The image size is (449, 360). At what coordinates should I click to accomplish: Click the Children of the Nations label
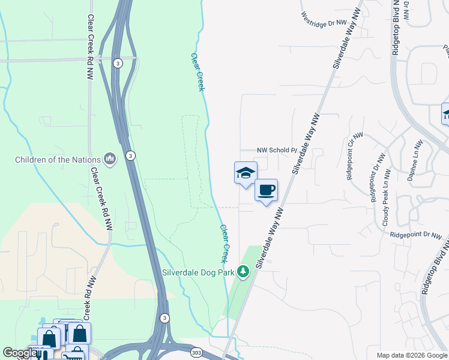point(57,160)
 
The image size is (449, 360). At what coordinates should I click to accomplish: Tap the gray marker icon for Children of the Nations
point(109,159)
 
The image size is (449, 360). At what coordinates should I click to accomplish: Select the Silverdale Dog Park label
point(198,271)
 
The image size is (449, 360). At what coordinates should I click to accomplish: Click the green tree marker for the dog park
point(243,272)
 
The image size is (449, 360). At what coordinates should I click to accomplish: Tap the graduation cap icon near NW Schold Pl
point(245,174)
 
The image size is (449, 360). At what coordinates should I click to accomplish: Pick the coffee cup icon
point(266,191)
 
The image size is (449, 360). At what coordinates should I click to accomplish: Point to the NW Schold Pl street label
point(277,151)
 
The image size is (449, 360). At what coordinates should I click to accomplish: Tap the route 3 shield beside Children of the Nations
point(130,155)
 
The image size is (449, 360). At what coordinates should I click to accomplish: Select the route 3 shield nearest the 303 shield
point(164,318)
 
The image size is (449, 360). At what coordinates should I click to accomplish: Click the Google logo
point(19,353)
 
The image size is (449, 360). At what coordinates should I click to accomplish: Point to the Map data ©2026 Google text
point(411,355)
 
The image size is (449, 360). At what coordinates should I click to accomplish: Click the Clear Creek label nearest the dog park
point(225,244)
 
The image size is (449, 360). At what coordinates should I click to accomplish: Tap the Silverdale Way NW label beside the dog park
point(270,237)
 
